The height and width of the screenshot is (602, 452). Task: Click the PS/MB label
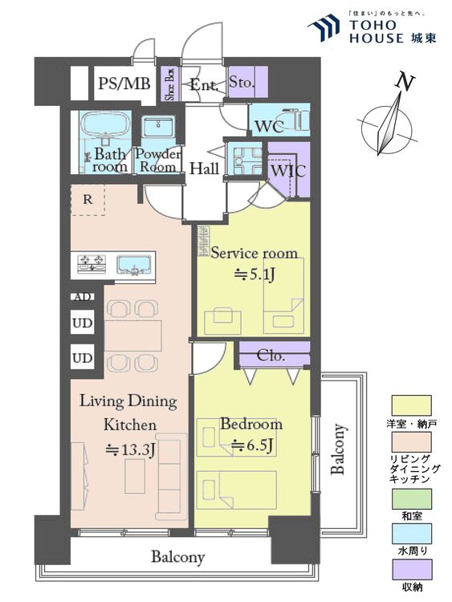[124, 83]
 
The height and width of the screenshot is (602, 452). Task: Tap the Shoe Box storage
[169, 84]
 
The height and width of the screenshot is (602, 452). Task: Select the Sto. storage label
[242, 82]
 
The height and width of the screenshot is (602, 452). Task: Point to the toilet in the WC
[295, 119]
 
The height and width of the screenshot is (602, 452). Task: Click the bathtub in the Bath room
[104, 124]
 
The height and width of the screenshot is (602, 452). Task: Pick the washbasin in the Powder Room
[159, 126]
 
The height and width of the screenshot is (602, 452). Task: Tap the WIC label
[288, 170]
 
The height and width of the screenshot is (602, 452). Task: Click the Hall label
[204, 169]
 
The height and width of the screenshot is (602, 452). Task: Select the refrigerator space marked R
[88, 200]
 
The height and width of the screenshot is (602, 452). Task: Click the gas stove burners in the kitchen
[92, 264]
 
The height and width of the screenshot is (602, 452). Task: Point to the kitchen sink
[133, 265]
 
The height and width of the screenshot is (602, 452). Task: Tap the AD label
[83, 297]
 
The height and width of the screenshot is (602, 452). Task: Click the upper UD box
[82, 323]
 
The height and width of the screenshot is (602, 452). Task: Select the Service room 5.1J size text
[255, 275]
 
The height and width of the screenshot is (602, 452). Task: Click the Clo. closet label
[271, 356]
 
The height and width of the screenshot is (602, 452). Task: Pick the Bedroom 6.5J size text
[253, 445]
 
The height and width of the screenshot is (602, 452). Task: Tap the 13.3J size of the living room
[130, 449]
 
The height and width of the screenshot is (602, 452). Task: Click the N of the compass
[405, 82]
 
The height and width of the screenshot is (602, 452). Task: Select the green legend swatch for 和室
[411, 498]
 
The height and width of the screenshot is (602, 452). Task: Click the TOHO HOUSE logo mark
[324, 27]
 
